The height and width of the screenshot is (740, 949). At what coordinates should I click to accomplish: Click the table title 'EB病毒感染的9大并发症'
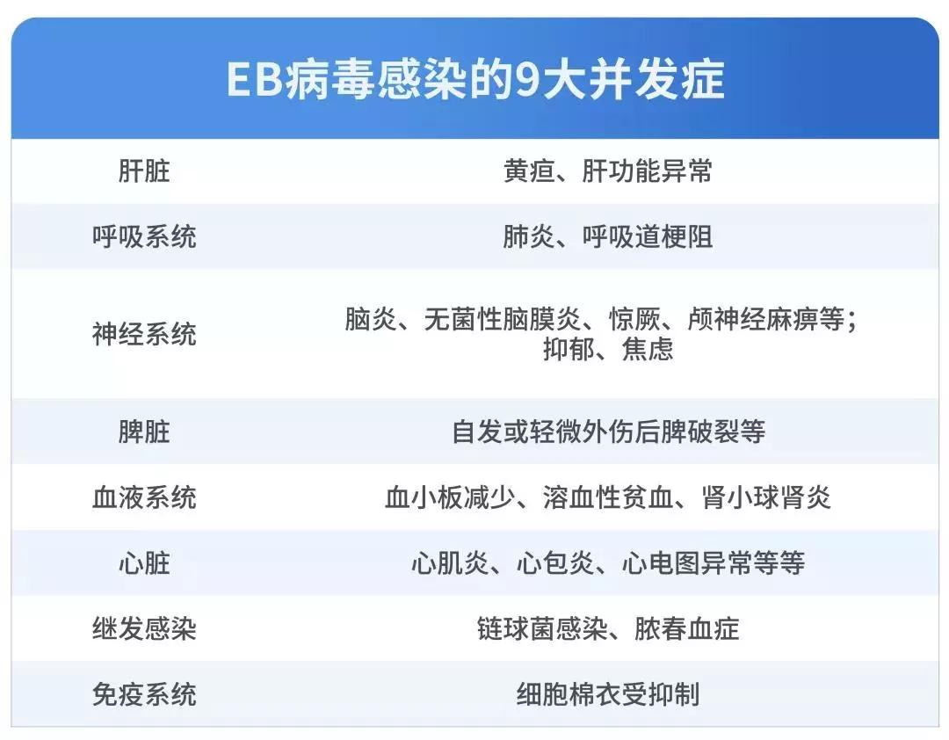pyautogui.click(x=475, y=79)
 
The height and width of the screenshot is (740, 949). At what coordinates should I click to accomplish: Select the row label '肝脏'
pyautogui.click(x=144, y=170)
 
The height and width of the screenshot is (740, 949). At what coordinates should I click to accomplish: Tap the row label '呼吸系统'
pyautogui.click(x=144, y=236)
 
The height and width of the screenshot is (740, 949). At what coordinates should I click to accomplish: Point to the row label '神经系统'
pyautogui.click(x=144, y=334)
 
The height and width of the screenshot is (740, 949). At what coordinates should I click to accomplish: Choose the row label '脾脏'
pyautogui.click(x=144, y=432)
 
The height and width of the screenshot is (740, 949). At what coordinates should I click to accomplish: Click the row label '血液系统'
pyautogui.click(x=144, y=497)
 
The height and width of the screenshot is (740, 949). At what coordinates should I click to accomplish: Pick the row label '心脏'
pyautogui.click(x=144, y=563)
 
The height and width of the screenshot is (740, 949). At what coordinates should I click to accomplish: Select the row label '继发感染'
pyautogui.click(x=144, y=628)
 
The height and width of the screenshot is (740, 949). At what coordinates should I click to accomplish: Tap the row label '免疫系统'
pyautogui.click(x=144, y=694)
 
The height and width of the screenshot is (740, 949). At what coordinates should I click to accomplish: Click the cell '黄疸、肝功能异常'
pyautogui.click(x=608, y=170)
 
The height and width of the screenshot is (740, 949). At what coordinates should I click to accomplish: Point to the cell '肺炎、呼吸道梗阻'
pyautogui.click(x=608, y=236)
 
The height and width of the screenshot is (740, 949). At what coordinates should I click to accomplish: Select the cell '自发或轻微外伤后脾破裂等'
pyautogui.click(x=608, y=432)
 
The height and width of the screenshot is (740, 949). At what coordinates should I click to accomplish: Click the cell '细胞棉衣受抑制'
pyautogui.click(x=608, y=694)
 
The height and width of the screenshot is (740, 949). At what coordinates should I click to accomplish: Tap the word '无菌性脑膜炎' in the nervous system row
pyautogui.click(x=502, y=319)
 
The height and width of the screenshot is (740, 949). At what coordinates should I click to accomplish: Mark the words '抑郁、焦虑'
pyautogui.click(x=608, y=350)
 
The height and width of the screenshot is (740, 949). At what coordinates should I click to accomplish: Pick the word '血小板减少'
pyautogui.click(x=450, y=497)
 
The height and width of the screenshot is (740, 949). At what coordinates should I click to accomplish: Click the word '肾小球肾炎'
pyautogui.click(x=766, y=497)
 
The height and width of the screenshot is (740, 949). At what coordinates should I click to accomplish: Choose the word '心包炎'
pyautogui.click(x=555, y=563)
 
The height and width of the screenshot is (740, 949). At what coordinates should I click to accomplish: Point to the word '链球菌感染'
pyautogui.click(x=542, y=628)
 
